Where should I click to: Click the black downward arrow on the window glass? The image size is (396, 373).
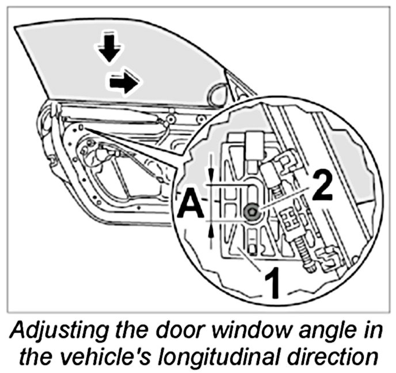tap(109, 51)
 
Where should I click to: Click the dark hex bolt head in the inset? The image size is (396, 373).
tap(251, 212)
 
